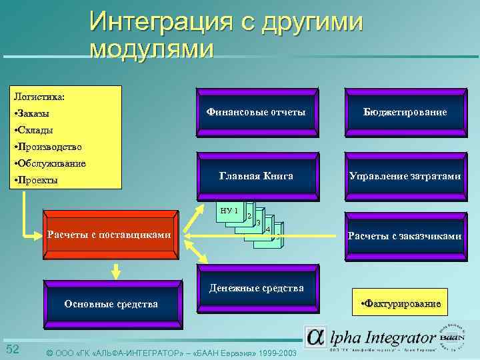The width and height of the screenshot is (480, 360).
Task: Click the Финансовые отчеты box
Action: [255, 112]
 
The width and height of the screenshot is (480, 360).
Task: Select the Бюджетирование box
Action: [405, 112]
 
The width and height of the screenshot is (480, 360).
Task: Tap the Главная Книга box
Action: [255, 176]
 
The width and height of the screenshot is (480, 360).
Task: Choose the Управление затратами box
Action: [405, 176]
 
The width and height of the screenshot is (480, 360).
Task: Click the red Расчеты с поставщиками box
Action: [110, 235]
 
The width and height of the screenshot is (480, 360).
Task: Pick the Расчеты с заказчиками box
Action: [405, 236]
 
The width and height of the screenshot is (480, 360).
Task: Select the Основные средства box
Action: [111, 304]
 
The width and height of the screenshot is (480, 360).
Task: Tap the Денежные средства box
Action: [256, 288]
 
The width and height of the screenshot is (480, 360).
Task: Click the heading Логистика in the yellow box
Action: [39, 97]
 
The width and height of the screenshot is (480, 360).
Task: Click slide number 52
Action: [12, 349]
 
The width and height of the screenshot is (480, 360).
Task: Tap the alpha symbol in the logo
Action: [315, 337]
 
